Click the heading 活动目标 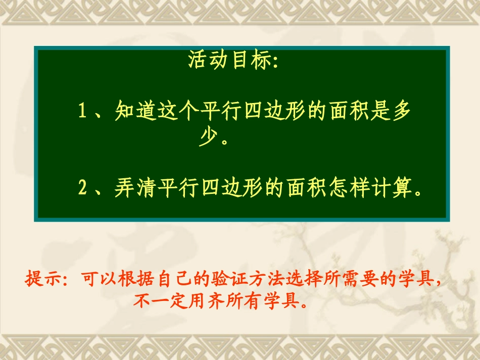232,61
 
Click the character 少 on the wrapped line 207,137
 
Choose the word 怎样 353,188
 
